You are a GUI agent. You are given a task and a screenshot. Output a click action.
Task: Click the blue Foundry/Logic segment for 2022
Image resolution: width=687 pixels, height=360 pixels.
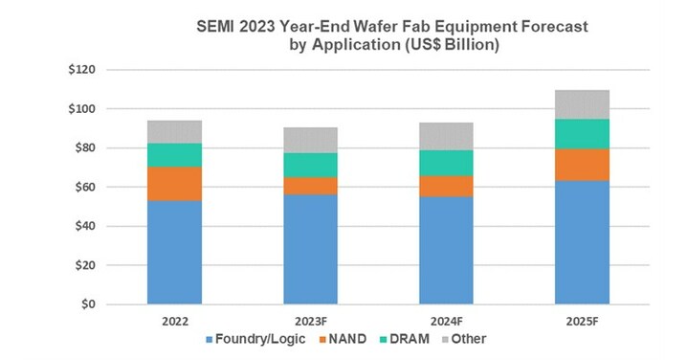[x=174, y=253]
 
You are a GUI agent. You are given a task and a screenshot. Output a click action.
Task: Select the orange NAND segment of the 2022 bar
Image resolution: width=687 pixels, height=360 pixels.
[x=174, y=184]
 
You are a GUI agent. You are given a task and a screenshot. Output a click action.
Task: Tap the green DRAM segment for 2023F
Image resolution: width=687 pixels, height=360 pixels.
[x=310, y=165]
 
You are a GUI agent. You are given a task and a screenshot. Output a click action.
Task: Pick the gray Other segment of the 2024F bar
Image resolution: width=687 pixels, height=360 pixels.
[x=446, y=136]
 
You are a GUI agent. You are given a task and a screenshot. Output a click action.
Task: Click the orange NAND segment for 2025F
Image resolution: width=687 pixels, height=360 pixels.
[x=582, y=164]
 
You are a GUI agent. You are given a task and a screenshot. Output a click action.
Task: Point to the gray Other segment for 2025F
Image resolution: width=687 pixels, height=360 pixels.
[x=582, y=104]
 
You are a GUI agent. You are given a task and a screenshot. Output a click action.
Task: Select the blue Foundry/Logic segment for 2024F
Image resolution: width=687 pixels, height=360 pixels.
[x=446, y=250]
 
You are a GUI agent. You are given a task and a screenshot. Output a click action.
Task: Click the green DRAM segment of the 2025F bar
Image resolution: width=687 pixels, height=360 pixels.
[x=582, y=134]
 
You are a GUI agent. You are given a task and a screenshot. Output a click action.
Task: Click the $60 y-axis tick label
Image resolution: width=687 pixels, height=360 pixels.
[x=82, y=188]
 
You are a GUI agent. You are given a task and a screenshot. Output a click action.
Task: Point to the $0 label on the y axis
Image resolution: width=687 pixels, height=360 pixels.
[x=86, y=304]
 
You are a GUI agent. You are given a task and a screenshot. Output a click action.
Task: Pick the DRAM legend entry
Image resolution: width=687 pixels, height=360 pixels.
[x=410, y=339]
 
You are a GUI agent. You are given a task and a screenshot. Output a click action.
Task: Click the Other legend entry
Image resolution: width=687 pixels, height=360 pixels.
[x=468, y=339]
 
